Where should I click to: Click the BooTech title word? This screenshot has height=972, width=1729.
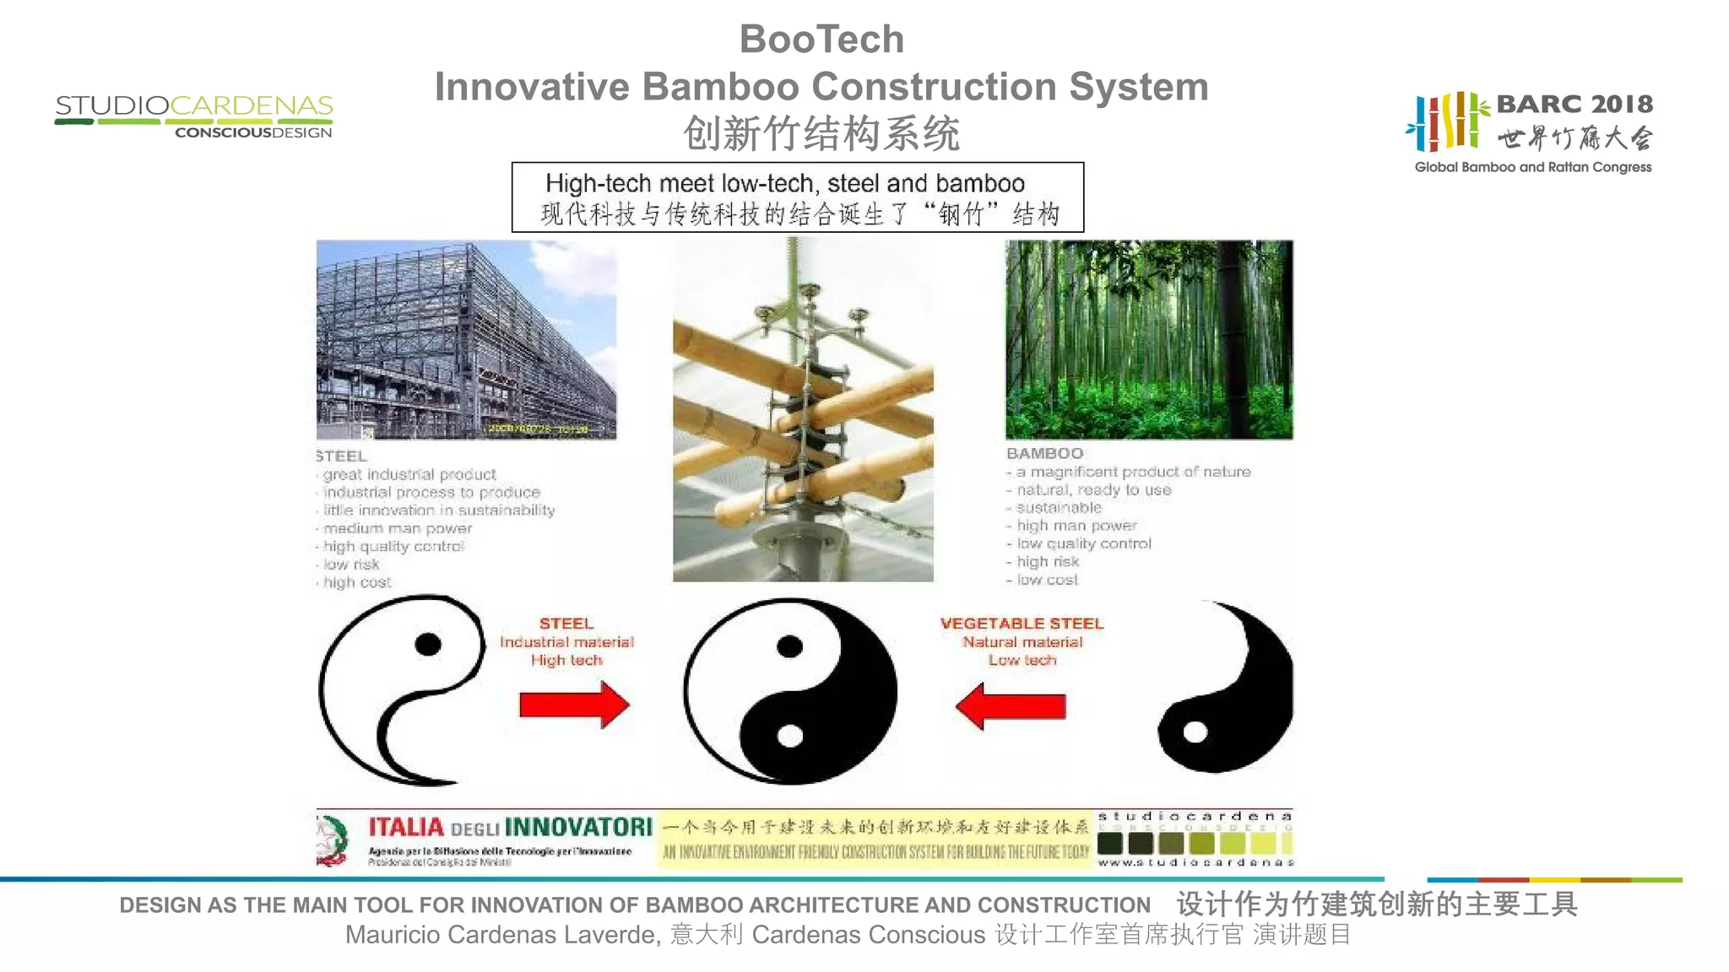pos(821,40)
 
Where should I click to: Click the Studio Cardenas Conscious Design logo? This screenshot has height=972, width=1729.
pos(193,116)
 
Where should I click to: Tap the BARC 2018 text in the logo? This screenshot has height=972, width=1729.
pos(1574,104)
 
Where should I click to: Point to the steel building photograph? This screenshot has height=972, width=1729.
pos(466,339)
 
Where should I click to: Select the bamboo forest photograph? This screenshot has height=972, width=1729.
pos(1149,339)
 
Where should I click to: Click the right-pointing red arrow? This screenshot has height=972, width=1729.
pos(574,705)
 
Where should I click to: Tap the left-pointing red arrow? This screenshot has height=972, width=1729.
pos(1011,705)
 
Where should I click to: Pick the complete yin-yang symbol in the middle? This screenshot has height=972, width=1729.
pos(790,691)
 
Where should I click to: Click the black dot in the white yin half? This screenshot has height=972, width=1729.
pos(428,645)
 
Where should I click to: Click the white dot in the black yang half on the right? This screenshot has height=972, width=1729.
pos(1195,732)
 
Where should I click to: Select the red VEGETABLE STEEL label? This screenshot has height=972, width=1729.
pos(1022,624)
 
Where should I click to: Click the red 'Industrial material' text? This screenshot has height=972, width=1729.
pos(566,642)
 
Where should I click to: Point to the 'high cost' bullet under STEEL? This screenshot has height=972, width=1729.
pos(357,582)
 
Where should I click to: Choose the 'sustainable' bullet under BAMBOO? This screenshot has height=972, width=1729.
pos(1059,508)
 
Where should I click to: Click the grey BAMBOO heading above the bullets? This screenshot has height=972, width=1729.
pos(1044,454)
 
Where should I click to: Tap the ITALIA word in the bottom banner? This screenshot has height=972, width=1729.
pos(406,827)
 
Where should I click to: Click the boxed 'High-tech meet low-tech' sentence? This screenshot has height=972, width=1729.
pos(784,183)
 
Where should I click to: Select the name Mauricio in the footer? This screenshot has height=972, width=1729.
pos(392,935)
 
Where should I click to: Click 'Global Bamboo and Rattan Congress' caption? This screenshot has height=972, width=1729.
pos(1532,167)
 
